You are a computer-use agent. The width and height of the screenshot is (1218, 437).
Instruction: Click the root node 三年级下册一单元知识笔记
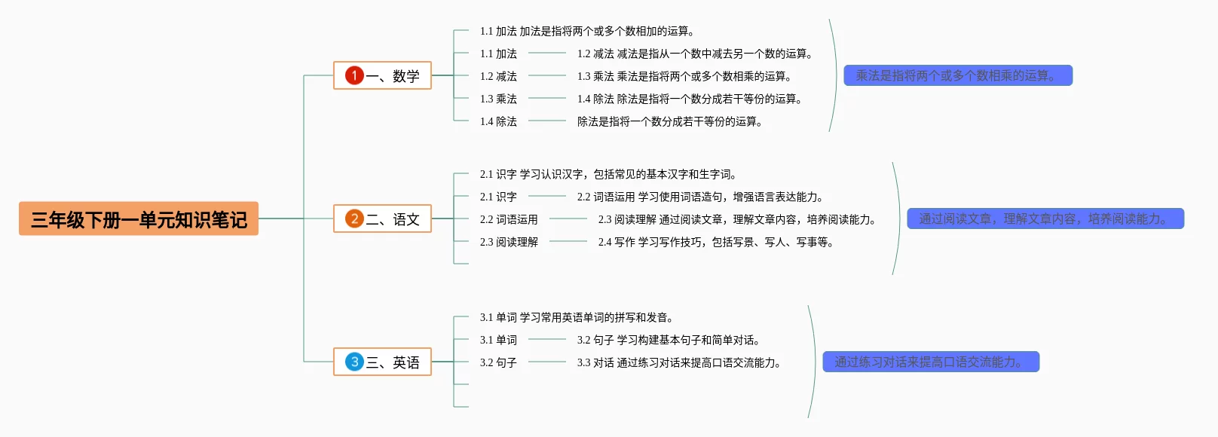pos(139,219)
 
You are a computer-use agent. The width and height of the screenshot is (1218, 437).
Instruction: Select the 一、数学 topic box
pos(382,75)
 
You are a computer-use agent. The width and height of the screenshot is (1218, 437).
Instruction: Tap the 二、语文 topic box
pos(382,218)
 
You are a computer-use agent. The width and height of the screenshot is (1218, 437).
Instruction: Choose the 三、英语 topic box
pos(382,362)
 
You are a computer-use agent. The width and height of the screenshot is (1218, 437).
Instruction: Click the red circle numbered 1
pos(354,75)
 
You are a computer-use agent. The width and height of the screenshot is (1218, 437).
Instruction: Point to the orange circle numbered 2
pos(354,218)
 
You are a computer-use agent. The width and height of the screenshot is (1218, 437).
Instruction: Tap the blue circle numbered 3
pos(354,362)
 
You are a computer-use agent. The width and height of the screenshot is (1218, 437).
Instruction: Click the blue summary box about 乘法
pos(957,75)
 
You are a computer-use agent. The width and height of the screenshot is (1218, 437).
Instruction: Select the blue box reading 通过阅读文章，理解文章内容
pos(1045,218)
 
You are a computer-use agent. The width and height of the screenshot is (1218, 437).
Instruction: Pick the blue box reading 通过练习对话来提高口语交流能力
pos(931,362)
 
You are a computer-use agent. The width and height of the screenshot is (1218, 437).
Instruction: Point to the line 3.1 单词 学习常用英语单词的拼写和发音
pos(577,317)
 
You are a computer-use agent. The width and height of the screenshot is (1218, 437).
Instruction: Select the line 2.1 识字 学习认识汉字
pos(608,174)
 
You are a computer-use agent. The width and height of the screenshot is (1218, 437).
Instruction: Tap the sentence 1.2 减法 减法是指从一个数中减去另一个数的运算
pos(695,53)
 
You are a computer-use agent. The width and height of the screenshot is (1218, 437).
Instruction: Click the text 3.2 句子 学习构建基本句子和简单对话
pos(669,340)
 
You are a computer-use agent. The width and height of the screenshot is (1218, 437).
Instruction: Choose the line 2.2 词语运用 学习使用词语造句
pos(700,197)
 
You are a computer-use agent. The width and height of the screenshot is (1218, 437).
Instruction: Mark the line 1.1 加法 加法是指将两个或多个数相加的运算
pos(587,31)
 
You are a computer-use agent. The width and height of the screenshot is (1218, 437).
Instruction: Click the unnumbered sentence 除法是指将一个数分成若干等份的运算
pos(670,121)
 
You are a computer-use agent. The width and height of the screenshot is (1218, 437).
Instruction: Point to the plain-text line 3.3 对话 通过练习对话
pos(679,362)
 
